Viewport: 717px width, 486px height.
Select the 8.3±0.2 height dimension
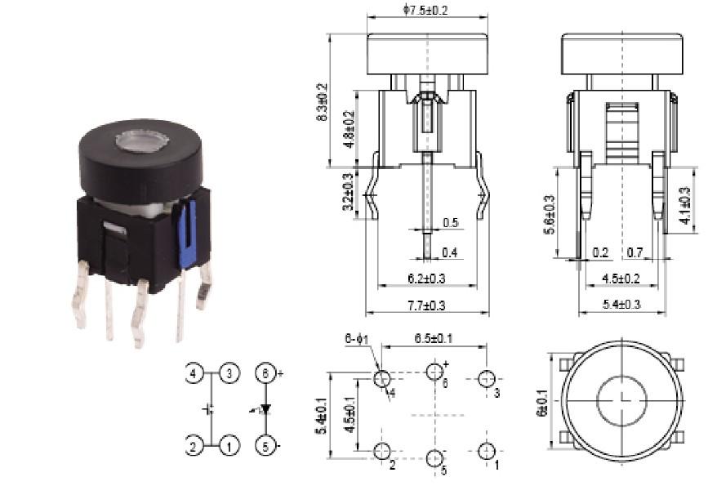point(322,102)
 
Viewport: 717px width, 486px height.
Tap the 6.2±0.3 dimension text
point(426,279)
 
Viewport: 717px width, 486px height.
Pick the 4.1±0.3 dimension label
point(685,206)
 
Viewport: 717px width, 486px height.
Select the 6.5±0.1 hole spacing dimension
point(434,338)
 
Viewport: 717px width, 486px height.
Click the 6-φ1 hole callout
point(358,338)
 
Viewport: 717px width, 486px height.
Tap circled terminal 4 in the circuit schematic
point(194,375)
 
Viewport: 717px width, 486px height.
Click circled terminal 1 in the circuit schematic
point(230,447)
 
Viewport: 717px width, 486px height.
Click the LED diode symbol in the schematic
point(263,410)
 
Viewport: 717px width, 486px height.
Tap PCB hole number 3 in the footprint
point(488,379)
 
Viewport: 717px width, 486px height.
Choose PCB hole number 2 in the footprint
point(381,452)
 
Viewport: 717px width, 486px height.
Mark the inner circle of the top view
point(622,399)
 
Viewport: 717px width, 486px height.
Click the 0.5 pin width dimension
point(450,223)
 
